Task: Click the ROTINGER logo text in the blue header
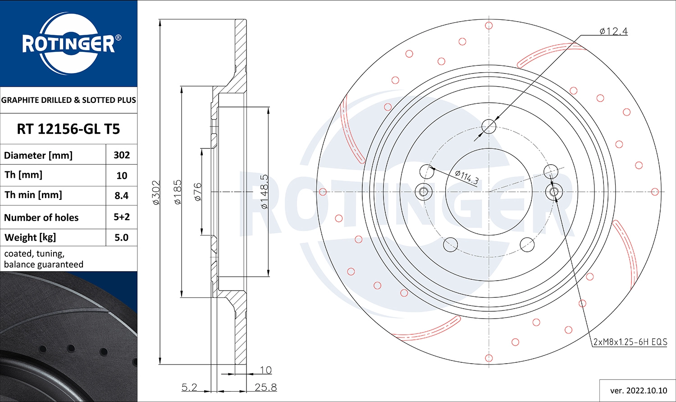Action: pos(69,44)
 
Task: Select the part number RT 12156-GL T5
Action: pos(69,129)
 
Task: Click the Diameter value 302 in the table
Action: pos(122,155)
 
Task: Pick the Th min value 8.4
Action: pos(122,196)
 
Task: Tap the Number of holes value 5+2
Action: pos(122,217)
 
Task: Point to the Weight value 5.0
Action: pos(122,238)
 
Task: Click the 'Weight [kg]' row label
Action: pos(30,238)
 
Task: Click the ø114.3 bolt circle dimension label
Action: pos(466,176)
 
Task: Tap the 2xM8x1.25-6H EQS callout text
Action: pos(630,342)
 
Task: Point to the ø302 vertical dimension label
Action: pos(156,193)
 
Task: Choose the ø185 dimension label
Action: pos(178,193)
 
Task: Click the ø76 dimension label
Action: pos(197,192)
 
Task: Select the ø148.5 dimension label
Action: pos(265,192)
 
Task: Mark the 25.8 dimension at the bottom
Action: pos(265,387)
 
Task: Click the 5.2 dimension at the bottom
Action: pos(189,387)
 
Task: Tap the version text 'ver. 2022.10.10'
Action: pos(638,390)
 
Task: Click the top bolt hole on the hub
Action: pos(489,126)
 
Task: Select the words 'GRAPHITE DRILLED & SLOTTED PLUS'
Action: pos(69,100)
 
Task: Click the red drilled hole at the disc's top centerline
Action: pos(489,26)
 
